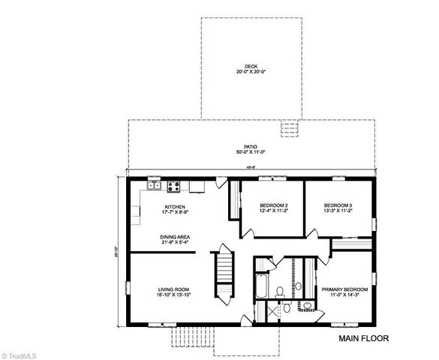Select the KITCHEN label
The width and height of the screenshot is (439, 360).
click(175, 206)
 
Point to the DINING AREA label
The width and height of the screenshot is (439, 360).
click(174, 236)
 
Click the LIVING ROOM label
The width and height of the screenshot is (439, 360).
click(173, 289)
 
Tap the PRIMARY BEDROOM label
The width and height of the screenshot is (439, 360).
click(345, 289)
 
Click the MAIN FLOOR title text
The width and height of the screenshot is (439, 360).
click(364, 338)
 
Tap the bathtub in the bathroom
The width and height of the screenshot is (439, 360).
click(260, 286)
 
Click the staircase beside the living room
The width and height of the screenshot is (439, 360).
click(223, 275)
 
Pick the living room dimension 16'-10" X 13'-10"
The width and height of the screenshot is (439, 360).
click(173, 295)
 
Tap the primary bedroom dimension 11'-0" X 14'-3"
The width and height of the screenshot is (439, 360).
click(345, 295)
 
